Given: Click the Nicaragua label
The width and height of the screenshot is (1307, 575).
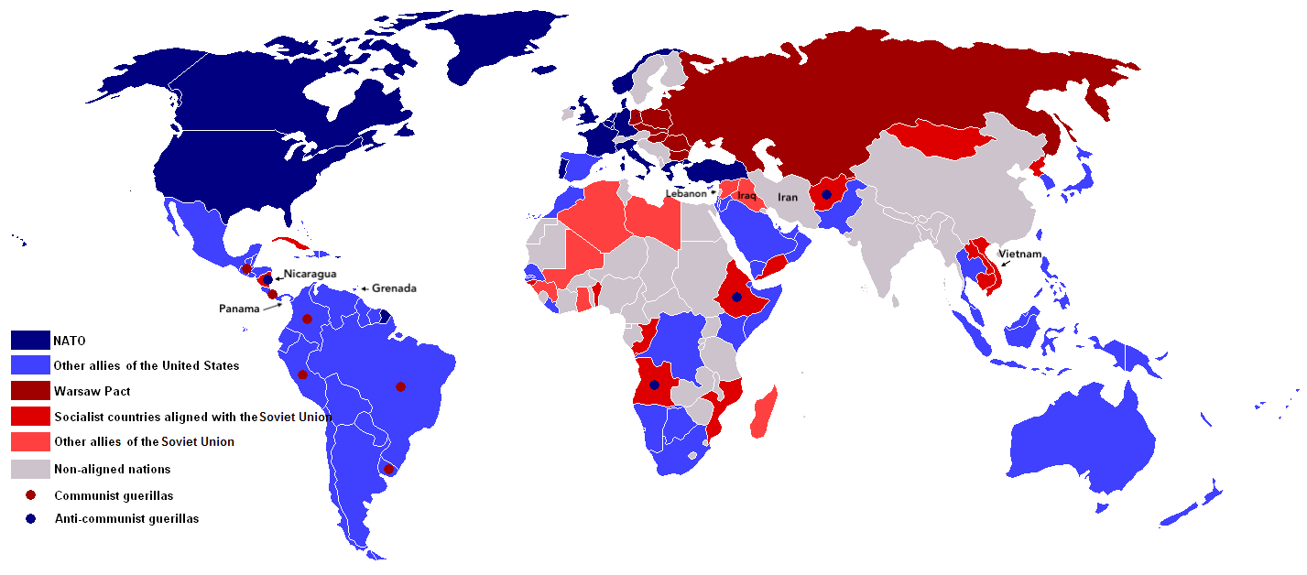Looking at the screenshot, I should pos(310,274).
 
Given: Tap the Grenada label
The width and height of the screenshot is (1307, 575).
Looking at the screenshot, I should pos(394,288).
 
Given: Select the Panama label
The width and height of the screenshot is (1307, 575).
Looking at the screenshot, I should pos(239,309).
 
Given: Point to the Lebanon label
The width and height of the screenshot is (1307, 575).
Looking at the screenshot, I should pos(686,193).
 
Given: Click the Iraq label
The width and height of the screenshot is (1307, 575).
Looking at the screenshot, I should pos(746,196).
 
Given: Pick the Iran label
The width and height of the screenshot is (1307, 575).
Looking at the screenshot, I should pos(788,198).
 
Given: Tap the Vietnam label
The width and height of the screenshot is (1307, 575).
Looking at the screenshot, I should pos(1019,254).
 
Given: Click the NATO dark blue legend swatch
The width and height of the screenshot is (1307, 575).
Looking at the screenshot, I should pos(30,340).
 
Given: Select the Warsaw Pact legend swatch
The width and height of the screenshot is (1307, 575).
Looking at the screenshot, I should pos(30,391).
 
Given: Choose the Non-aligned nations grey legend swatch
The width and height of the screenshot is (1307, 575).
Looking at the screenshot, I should pos(30,469).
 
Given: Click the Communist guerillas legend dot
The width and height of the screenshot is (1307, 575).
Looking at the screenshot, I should pos(31,495).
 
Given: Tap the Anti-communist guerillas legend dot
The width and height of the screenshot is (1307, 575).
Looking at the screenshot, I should pos(31,518).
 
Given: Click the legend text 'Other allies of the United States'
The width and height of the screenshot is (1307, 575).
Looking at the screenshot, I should pos(147,365).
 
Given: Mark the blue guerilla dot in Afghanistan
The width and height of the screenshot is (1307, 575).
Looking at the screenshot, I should pos(827,194).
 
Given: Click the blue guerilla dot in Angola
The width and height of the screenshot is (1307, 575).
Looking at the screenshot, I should pos(654,385).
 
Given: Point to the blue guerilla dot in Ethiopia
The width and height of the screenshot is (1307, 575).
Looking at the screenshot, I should pos(736,297).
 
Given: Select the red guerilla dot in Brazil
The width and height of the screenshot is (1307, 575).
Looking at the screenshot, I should pos(400,386).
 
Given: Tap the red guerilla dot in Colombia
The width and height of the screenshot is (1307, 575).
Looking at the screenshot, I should pos(307,320).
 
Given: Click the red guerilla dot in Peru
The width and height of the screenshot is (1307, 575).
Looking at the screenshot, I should pos(302,374).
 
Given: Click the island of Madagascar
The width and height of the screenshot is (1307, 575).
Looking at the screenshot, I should pos(764,412).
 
